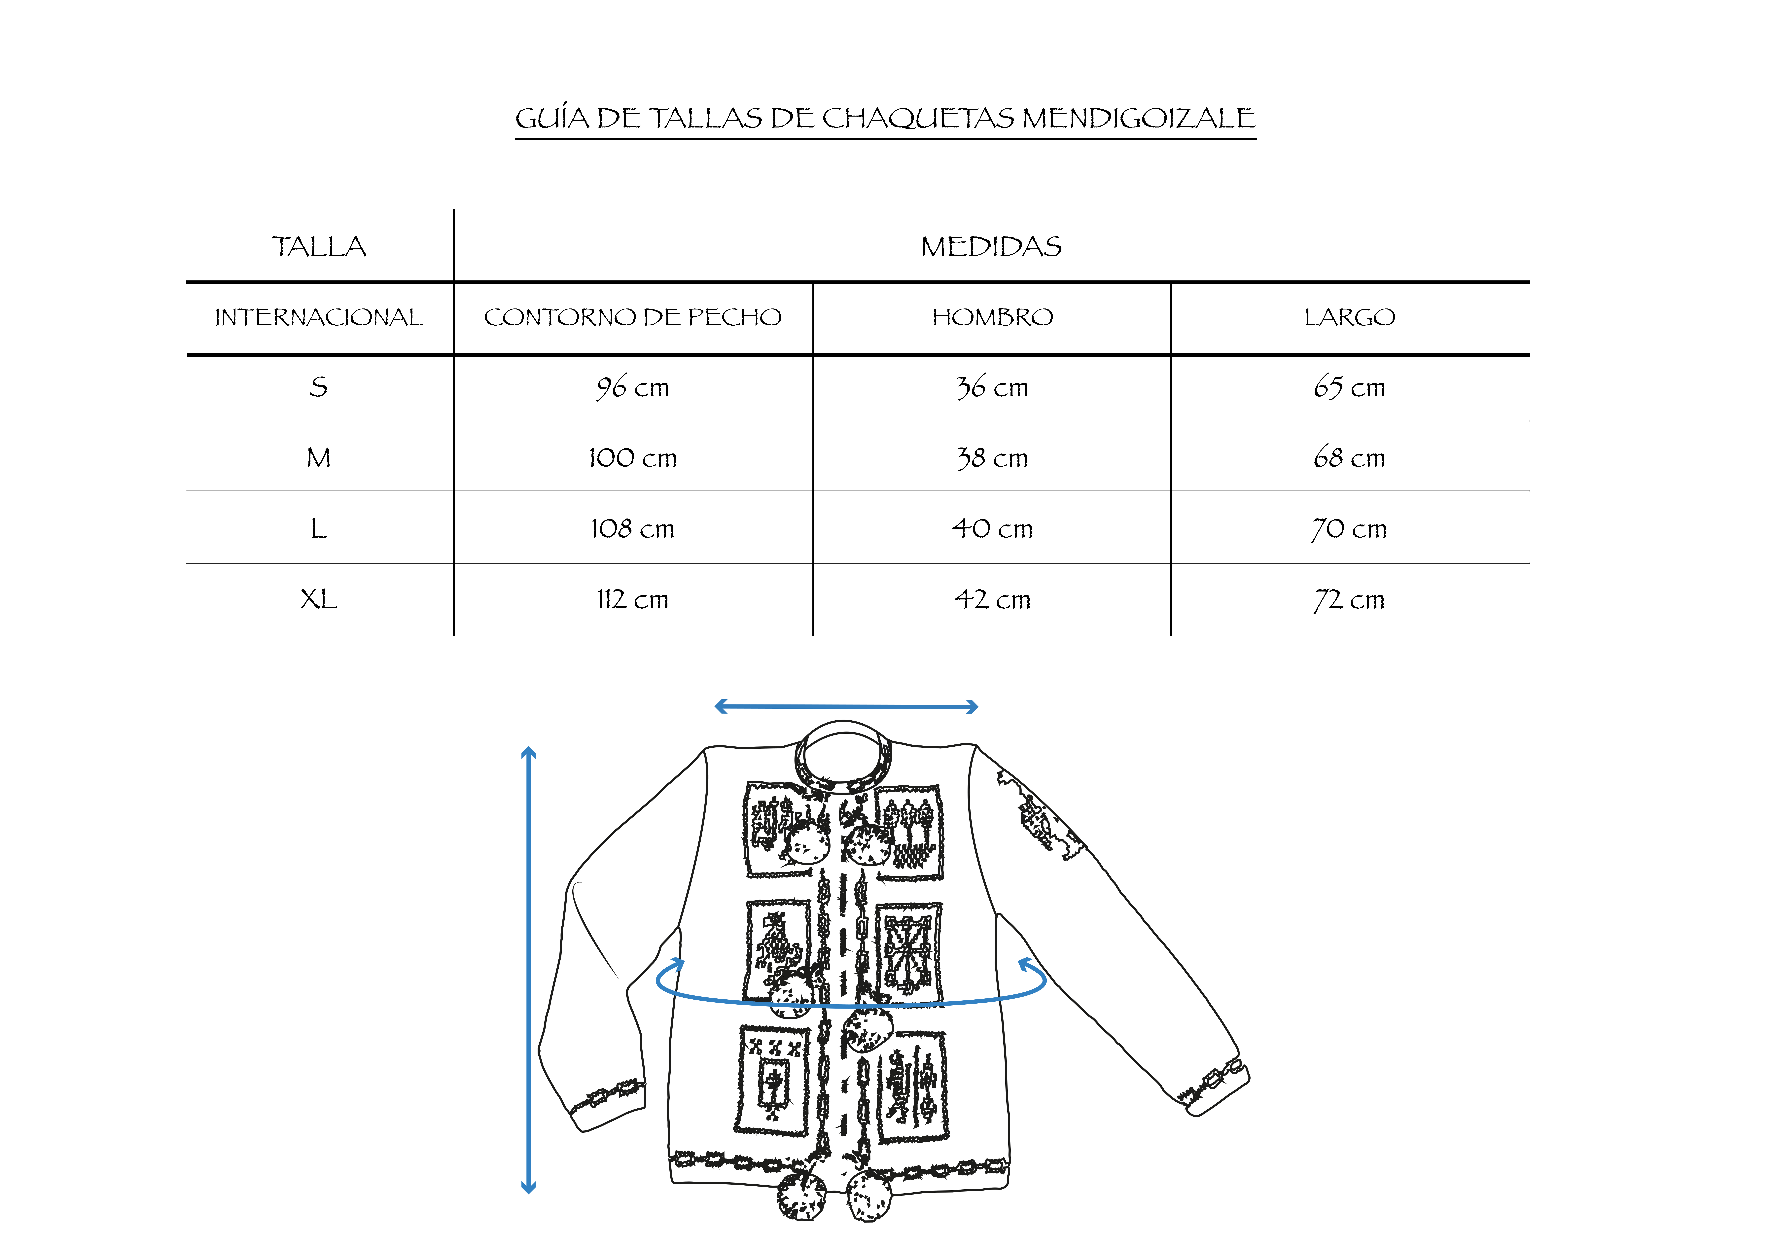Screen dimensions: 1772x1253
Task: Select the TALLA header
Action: pos(319,247)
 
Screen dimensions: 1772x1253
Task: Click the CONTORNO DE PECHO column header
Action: pos(633,317)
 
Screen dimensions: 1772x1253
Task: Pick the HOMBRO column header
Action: pos(993,317)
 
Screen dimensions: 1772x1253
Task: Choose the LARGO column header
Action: pos(1350,317)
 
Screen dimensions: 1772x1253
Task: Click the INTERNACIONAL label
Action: pos(319,317)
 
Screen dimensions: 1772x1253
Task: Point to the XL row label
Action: pos(319,599)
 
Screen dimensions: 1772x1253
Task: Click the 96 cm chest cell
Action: pos(633,387)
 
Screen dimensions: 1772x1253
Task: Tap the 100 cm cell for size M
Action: pos(633,458)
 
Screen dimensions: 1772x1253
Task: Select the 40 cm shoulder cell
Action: pos(993,529)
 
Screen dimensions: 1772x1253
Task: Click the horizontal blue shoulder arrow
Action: pos(847,706)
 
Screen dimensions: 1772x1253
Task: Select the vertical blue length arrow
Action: pos(529,970)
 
